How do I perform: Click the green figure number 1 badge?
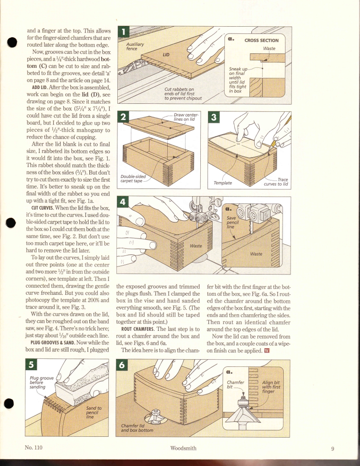coord(123,33)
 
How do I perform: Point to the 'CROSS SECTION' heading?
coord(261,41)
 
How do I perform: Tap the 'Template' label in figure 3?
coord(222,183)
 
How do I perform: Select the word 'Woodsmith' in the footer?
coord(182,448)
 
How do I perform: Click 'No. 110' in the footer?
coord(33,448)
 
